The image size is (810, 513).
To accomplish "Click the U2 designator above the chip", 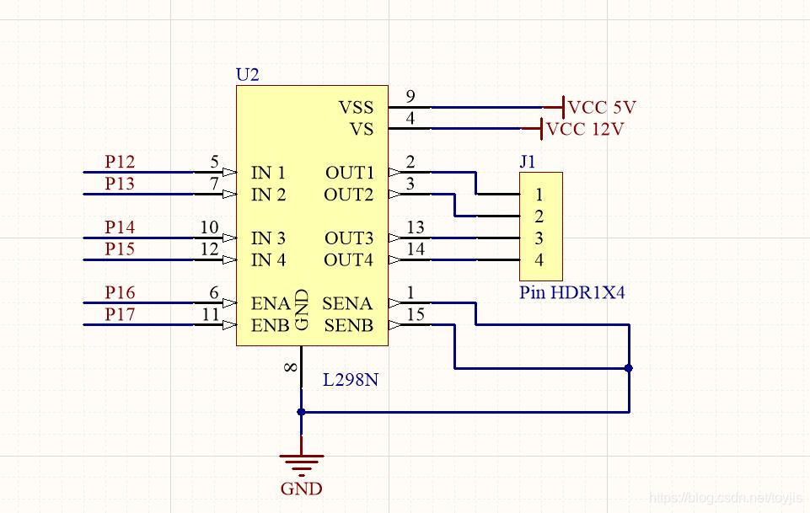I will pos(247,75).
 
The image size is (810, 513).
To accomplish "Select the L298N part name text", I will pos(351,380).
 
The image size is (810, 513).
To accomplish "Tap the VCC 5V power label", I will pos(602,108).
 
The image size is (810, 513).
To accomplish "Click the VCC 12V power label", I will pos(585,130).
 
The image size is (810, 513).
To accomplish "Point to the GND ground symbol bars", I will pos(301,462).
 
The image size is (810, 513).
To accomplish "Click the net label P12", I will pos(120,161).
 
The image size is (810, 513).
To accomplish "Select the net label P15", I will pos(120,248).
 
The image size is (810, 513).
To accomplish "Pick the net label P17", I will pos(120,314).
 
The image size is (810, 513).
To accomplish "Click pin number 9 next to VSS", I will pos(410,96).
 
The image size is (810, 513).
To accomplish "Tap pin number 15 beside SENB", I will pos(414,314).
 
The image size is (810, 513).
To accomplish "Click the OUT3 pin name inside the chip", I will pos(349,238).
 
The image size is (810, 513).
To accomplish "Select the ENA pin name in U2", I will pos(270,303).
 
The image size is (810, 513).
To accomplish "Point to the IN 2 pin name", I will pos(268,195).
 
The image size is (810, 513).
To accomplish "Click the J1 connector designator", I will pos(528,163).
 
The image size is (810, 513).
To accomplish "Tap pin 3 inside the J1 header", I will pos(539,238).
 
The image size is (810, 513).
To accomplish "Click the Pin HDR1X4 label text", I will pos(572,293).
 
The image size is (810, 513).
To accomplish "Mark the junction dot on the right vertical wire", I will pos(629,368).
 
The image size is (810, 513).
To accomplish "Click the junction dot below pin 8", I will pos(301,412).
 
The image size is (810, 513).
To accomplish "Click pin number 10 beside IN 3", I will pos(210,227).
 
